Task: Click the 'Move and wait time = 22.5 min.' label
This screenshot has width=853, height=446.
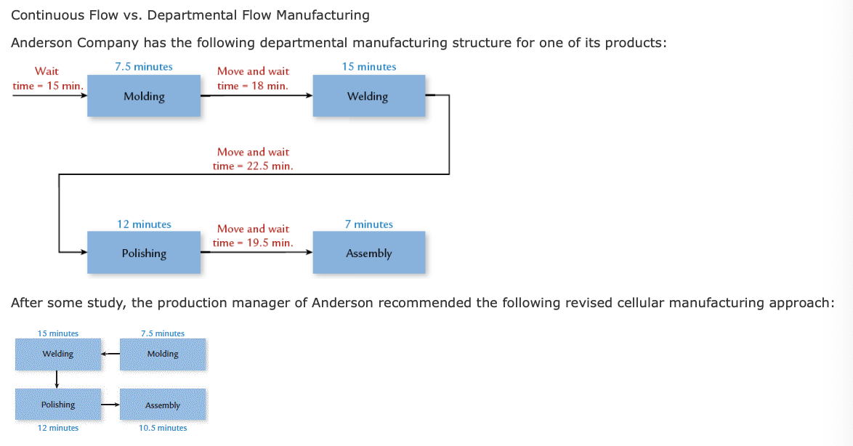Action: pyautogui.click(x=253, y=159)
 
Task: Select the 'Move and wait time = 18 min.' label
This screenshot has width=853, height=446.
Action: pyautogui.click(x=253, y=78)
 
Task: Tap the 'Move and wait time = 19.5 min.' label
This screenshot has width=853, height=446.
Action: pyautogui.click(x=253, y=235)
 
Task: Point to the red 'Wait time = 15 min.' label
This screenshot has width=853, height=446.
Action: pyautogui.click(x=47, y=78)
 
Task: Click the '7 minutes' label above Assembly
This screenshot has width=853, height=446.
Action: pyautogui.click(x=368, y=224)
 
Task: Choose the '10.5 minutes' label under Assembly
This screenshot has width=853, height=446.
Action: pyautogui.click(x=163, y=428)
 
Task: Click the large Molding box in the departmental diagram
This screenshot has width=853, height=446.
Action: pyautogui.click(x=144, y=97)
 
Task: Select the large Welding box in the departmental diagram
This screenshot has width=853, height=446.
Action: pyautogui.click(x=368, y=97)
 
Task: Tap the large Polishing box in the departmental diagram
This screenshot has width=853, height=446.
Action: pyautogui.click(x=144, y=253)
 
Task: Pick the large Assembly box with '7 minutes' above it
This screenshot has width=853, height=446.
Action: pyautogui.click(x=368, y=253)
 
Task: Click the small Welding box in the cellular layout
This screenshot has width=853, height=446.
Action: pyautogui.click(x=58, y=354)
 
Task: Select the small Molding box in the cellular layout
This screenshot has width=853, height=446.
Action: pyautogui.click(x=163, y=354)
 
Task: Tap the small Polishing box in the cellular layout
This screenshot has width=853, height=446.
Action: pyautogui.click(x=58, y=405)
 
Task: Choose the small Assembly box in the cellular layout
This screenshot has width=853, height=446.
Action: pyautogui.click(x=163, y=405)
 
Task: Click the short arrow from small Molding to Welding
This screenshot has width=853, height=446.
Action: pyautogui.click(x=110, y=354)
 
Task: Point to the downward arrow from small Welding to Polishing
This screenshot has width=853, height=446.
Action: pyautogui.click(x=57, y=379)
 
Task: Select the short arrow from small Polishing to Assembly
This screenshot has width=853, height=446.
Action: pyautogui.click(x=110, y=405)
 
